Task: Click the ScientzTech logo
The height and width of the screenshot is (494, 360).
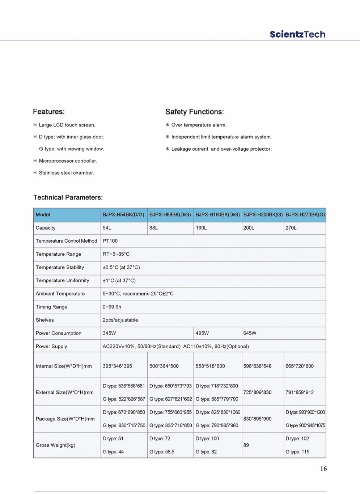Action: pyautogui.click(x=297, y=34)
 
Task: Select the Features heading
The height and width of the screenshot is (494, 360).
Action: pyautogui.click(x=48, y=112)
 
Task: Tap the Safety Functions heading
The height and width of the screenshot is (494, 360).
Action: pyautogui.click(x=194, y=112)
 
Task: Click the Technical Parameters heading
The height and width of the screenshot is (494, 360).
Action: pyautogui.click(x=68, y=197)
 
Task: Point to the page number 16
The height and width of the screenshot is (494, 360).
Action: pyautogui.click(x=323, y=469)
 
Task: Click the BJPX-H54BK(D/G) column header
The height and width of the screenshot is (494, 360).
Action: pyautogui.click(x=123, y=215)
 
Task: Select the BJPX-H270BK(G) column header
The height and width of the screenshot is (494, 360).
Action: pyautogui.click(x=305, y=215)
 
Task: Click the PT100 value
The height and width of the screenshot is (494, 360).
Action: pyautogui.click(x=110, y=241)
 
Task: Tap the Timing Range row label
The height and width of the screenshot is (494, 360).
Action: pyautogui.click(x=51, y=307)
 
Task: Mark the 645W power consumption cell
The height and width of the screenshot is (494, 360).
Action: pyautogui.click(x=250, y=333)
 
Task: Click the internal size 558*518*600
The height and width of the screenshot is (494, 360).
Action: pyautogui.click(x=210, y=366)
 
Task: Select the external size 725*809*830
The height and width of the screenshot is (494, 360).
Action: pyautogui.click(x=257, y=392)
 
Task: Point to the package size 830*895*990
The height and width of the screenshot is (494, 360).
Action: pyautogui.click(x=257, y=419)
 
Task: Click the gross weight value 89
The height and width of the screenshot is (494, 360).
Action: pyautogui.click(x=246, y=445)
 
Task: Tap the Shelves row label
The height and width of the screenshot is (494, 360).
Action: pyautogui.click(x=45, y=320)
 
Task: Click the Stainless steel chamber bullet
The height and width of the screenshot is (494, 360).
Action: pyautogui.click(x=66, y=173)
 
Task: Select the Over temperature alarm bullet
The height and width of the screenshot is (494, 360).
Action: pyautogui.click(x=199, y=125)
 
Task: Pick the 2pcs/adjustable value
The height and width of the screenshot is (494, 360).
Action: pyautogui.click(x=120, y=320)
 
